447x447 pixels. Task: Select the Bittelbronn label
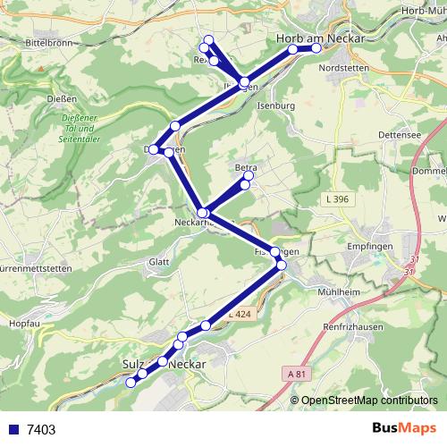tap(54, 42)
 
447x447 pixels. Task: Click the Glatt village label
tap(160, 262)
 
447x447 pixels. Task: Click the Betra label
tap(246, 167)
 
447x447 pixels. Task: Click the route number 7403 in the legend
tap(41, 429)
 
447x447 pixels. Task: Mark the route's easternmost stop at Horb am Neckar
tap(316, 49)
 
